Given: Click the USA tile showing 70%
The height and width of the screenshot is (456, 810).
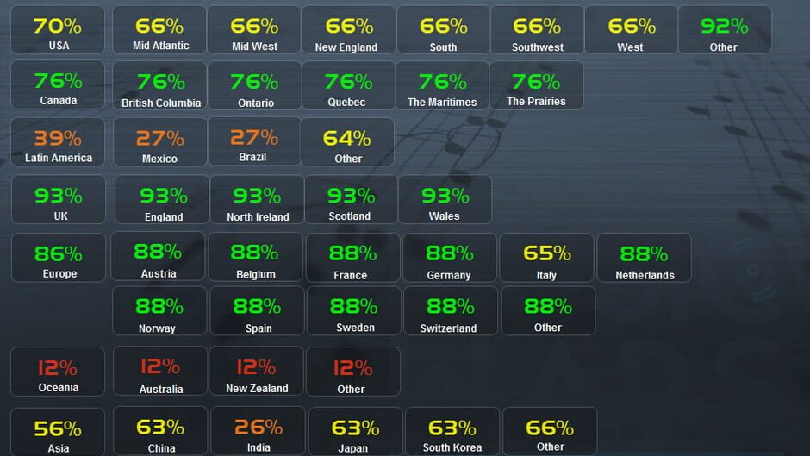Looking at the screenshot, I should [x=58, y=30].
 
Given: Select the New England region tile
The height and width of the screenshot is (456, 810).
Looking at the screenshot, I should [x=348, y=30].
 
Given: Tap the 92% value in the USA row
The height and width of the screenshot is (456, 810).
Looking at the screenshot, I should [x=724, y=26].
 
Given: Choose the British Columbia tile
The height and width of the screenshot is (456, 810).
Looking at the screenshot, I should [x=160, y=85].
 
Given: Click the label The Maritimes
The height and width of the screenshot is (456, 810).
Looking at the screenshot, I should [x=442, y=102].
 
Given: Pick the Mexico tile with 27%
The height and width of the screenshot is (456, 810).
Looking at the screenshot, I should [x=160, y=142].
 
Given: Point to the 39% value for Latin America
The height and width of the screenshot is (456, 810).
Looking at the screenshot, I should [x=58, y=138].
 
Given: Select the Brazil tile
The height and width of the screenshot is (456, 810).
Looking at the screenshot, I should [x=254, y=141].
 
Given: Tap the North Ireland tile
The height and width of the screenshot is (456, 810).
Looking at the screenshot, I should [x=257, y=200].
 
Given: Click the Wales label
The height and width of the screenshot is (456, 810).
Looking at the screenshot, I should [x=444, y=216].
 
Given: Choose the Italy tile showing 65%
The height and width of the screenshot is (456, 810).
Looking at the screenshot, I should [x=546, y=258].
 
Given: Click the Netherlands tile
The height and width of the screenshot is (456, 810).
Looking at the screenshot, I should [x=644, y=258].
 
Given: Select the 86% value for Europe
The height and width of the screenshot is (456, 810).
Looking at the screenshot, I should [x=58, y=253].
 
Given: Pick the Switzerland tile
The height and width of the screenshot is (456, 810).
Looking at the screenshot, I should [x=449, y=311].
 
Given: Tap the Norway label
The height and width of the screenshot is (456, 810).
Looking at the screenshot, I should [x=157, y=328].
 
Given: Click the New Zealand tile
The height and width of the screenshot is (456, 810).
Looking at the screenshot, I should [x=256, y=372].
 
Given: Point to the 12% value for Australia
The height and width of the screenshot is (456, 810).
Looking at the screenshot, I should [x=160, y=366].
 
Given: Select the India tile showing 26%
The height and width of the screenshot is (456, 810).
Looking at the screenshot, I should [x=258, y=432].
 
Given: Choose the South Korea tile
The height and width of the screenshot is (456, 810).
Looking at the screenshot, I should [x=452, y=432].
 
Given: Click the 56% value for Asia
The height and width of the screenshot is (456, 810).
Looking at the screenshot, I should [x=58, y=428].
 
